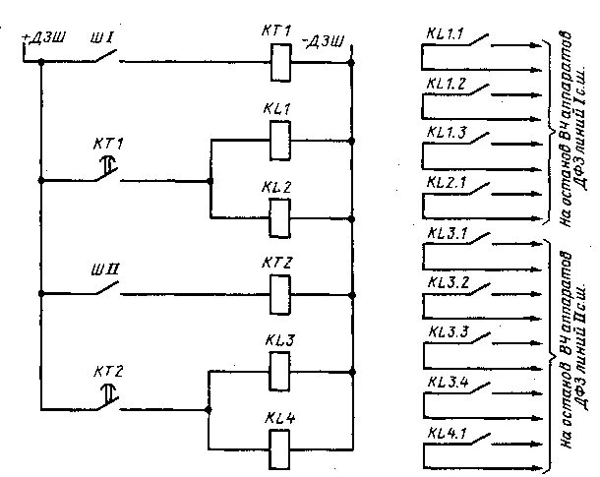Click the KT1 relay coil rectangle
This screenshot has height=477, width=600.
tap(279, 64)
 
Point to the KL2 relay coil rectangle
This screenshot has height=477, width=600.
tap(279, 212)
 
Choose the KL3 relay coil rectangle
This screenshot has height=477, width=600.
tap(279, 369)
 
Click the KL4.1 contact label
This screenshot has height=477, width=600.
tap(448, 433)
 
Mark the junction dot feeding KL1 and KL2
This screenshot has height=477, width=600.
tap(210, 181)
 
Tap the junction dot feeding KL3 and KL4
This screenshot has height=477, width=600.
tap(208, 407)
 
